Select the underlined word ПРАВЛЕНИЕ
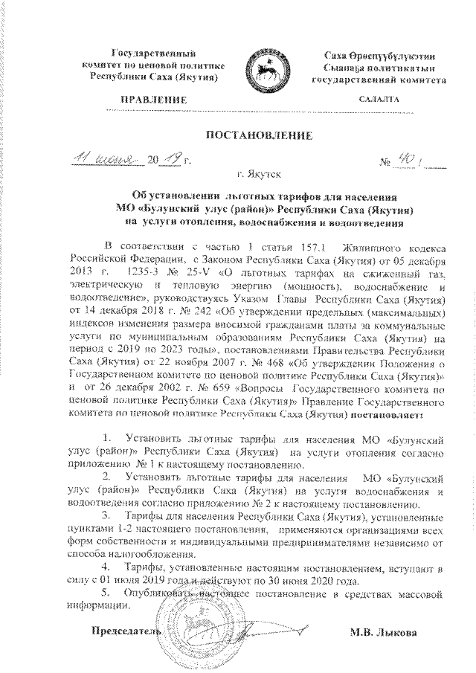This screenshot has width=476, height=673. [154, 98]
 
